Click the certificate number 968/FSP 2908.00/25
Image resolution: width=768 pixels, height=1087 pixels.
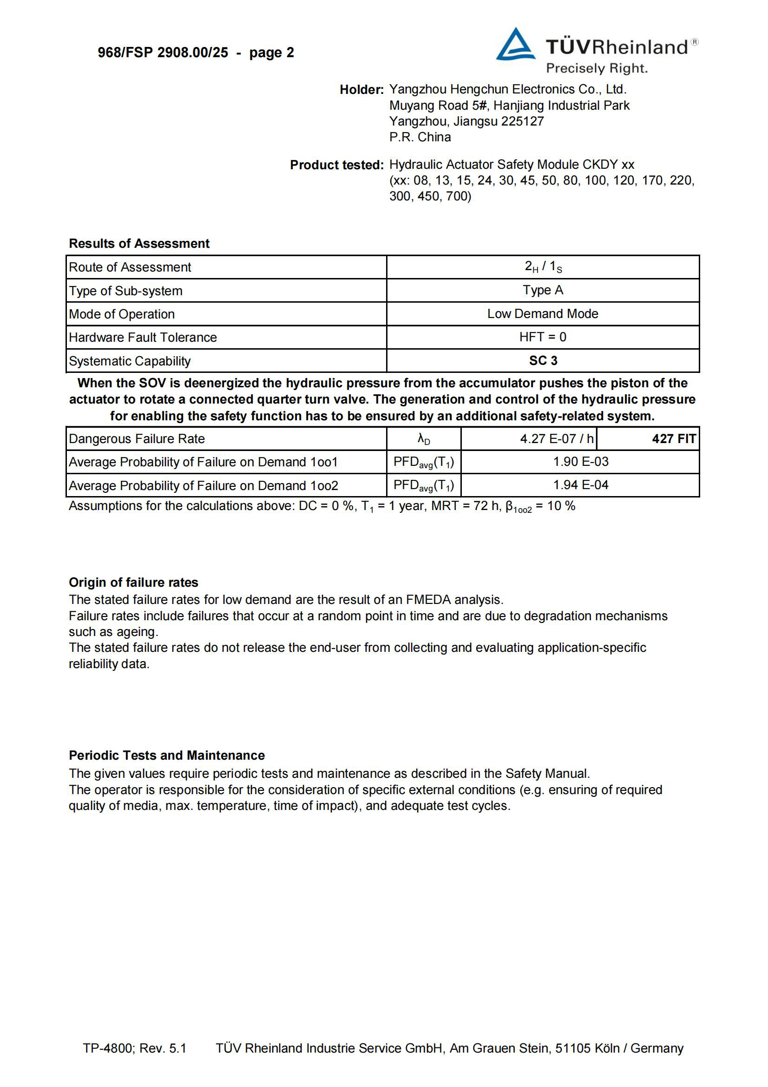[x=163, y=53]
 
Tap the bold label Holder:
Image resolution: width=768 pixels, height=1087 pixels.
[x=361, y=89]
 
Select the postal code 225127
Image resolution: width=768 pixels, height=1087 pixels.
[x=522, y=121]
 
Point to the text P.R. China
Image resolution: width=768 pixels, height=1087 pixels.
[x=420, y=137]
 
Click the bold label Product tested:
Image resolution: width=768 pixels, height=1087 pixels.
[x=336, y=165]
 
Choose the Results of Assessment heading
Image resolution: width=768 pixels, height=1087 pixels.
[x=139, y=243]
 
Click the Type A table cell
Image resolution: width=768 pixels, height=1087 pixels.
[x=543, y=290]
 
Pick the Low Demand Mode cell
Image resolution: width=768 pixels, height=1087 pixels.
[x=543, y=314]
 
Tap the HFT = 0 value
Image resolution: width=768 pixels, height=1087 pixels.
[x=543, y=337]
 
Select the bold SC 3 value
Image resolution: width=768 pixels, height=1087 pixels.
[x=543, y=361]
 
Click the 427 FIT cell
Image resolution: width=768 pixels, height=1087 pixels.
[x=673, y=439]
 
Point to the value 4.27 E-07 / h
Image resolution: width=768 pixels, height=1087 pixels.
[x=557, y=439]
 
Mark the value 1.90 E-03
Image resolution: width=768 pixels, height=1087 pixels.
[x=581, y=462]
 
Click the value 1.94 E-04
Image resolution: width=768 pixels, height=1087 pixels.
[x=581, y=485]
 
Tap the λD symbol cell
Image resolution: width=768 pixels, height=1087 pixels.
[x=424, y=439]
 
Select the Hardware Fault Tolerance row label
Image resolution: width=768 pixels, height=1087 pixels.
[x=143, y=338]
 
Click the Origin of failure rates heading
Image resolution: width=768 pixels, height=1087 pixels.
[x=133, y=582]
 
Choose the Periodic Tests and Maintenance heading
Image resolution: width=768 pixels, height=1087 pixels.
[x=167, y=755]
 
